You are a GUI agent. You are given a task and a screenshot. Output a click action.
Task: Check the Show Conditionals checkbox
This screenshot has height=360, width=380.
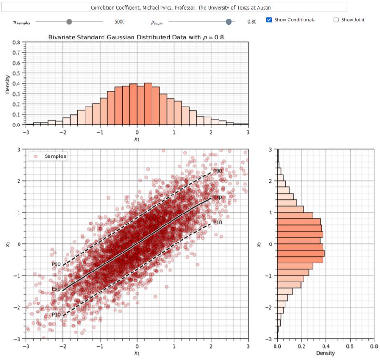[x=269, y=20]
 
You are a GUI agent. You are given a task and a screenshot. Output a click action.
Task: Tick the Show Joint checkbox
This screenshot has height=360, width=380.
[x=336, y=20]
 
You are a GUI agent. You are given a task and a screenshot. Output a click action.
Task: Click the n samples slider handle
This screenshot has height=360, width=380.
[x=69, y=21]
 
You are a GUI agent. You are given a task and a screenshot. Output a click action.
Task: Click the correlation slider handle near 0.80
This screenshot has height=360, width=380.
[x=229, y=21]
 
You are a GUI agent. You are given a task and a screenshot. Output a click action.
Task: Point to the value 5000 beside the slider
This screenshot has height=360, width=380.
[x=120, y=22]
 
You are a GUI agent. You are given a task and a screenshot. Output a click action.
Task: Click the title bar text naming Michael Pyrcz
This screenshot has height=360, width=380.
[x=179, y=8]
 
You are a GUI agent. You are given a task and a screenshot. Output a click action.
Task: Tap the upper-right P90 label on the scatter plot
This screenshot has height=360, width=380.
[x=218, y=171]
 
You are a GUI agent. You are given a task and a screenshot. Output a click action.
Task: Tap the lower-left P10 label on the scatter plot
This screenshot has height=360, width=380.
[x=56, y=315]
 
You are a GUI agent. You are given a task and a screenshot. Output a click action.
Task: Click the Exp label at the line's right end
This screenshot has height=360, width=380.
[x=218, y=197]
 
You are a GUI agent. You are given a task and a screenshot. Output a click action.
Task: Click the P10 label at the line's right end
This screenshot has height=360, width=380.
[x=218, y=222]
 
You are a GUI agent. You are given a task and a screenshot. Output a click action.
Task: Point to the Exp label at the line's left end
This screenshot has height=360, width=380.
[x=56, y=289]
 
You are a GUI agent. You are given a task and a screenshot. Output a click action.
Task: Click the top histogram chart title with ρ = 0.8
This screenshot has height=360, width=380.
[x=137, y=37]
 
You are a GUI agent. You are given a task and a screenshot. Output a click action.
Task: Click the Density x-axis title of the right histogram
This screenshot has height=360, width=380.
[x=325, y=353]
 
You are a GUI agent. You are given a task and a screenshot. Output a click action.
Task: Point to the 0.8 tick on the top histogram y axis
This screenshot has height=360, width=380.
[x=16, y=42]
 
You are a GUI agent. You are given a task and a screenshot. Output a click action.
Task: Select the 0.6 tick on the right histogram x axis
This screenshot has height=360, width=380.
[x=350, y=346]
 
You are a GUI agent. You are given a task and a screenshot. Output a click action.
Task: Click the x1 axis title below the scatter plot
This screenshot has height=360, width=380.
[x=137, y=353]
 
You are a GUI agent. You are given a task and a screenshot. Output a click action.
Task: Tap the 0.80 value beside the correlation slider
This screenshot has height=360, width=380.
[x=252, y=22]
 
